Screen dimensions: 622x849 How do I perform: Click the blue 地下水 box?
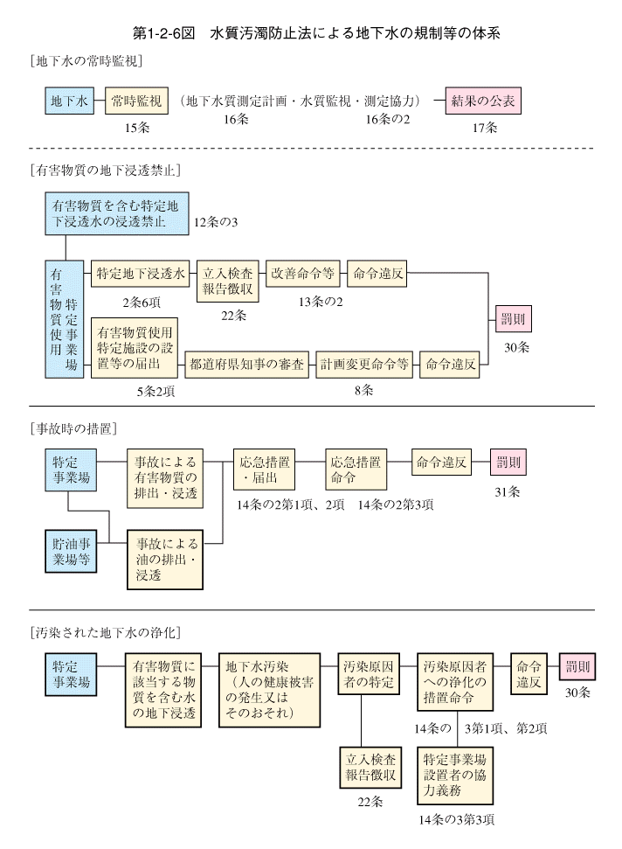pyautogui.click(x=69, y=101)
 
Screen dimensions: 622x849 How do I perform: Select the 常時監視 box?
pyautogui.click(x=136, y=101)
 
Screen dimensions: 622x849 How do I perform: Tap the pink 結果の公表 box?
pyautogui.click(x=483, y=101)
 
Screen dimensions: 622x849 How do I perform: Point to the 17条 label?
pyautogui.click(x=485, y=128)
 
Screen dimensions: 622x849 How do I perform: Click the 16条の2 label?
pyautogui.click(x=388, y=119)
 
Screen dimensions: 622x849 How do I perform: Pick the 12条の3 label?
pyautogui.click(x=215, y=222)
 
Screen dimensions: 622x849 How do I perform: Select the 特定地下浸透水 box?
pyautogui.click(x=140, y=274)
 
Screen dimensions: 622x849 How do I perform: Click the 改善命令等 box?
pyautogui.click(x=303, y=274)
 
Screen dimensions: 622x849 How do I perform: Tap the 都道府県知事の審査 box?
pyautogui.click(x=247, y=365)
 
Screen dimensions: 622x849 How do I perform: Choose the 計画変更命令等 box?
pyautogui.click(x=364, y=365)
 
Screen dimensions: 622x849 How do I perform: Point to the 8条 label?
pyautogui.click(x=364, y=390)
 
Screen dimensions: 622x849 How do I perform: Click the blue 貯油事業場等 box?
pyautogui.click(x=71, y=551)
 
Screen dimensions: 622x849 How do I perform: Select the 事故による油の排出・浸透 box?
pyautogui.click(x=165, y=560)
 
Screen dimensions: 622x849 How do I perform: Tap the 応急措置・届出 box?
pyautogui.click(x=265, y=470)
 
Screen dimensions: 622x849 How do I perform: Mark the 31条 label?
pyautogui.click(x=508, y=492)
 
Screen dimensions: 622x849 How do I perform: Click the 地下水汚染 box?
pyautogui.click(x=269, y=690)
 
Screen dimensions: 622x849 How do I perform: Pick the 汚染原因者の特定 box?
pyautogui.click(x=369, y=673)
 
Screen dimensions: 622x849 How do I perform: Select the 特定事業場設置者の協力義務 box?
pyautogui.click(x=455, y=776)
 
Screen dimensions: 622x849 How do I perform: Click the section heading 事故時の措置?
pyautogui.click(x=74, y=429)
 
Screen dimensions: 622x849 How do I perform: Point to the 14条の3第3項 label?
pyautogui.click(x=457, y=820)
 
